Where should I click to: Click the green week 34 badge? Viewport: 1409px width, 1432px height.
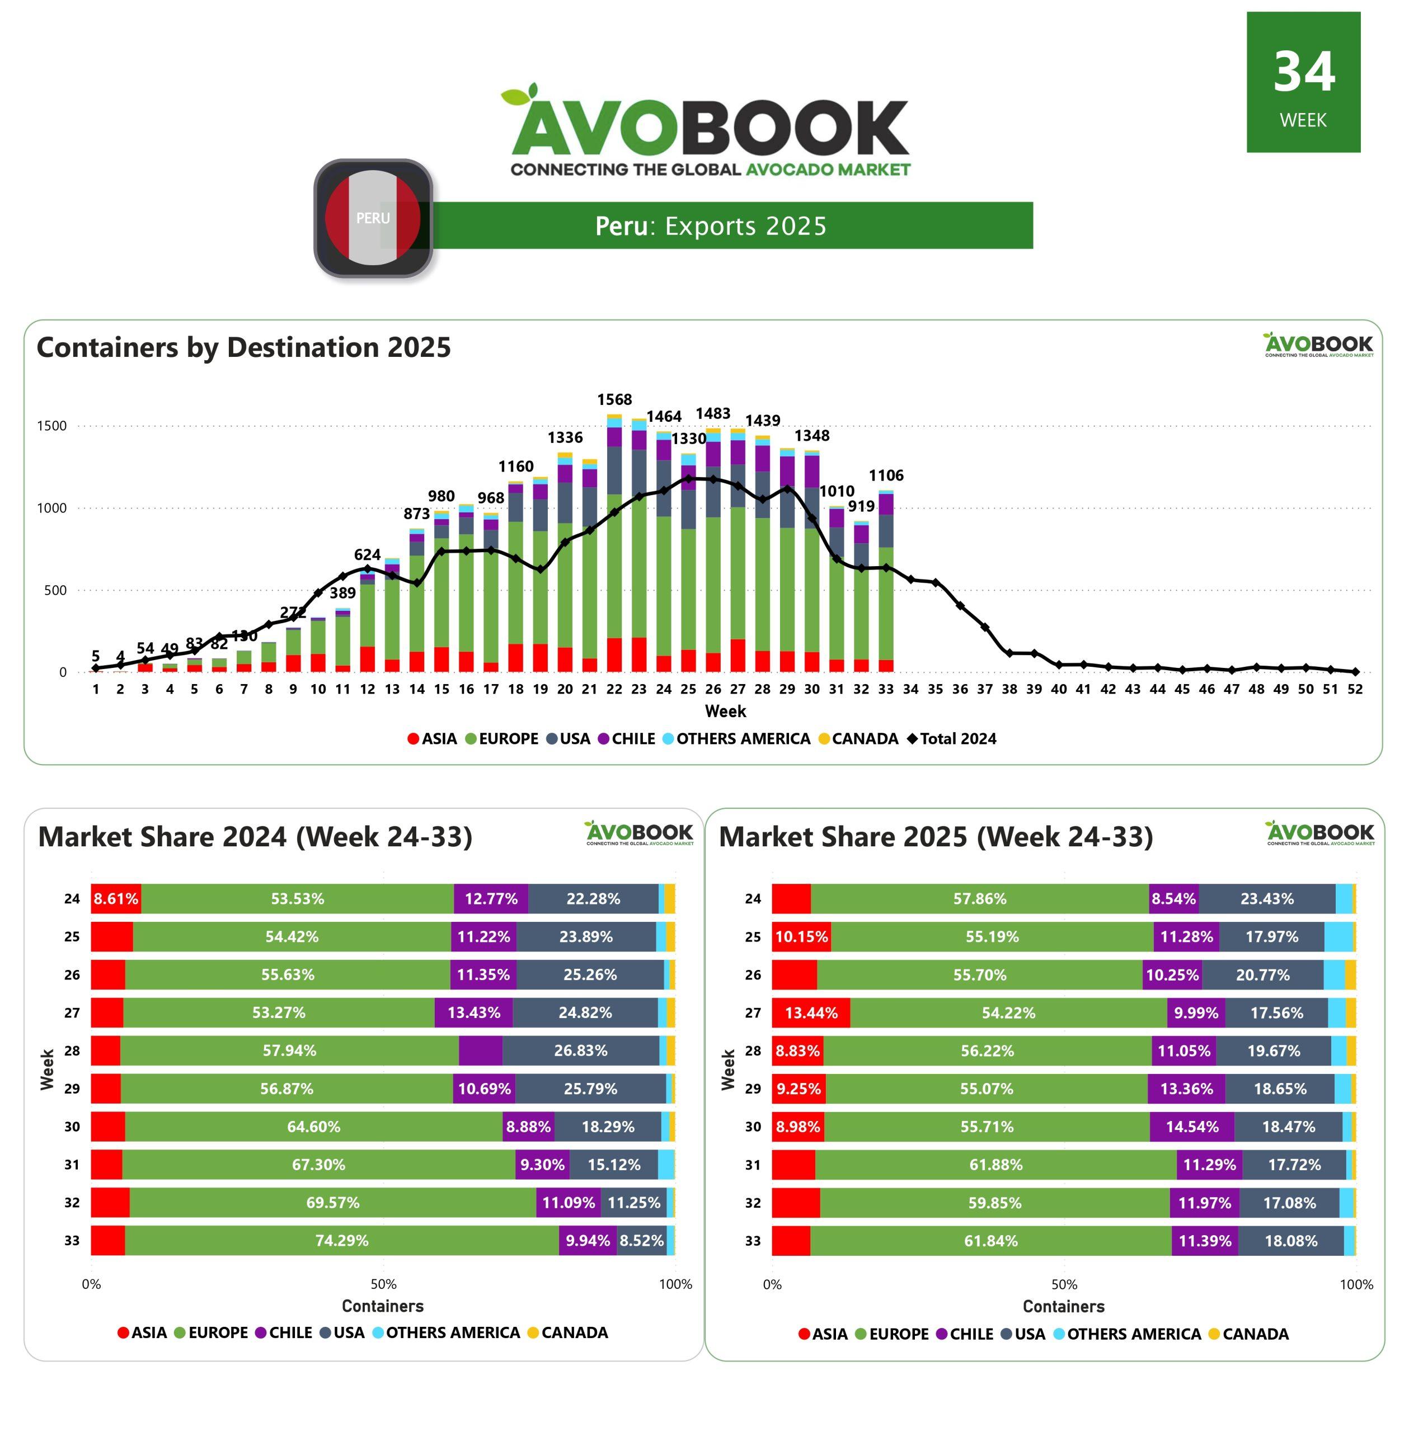pyautogui.click(x=1303, y=82)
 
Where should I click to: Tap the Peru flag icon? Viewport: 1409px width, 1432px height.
pyautogui.click(x=373, y=218)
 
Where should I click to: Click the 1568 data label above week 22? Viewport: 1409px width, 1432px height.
pyautogui.click(x=614, y=399)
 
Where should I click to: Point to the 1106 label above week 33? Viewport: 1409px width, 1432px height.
pyautogui.click(x=886, y=475)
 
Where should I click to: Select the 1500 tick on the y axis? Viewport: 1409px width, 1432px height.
pyautogui.click(x=52, y=426)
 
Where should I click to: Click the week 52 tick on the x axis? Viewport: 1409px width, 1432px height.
pyautogui.click(x=1354, y=689)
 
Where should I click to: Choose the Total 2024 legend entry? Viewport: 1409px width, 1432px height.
pyautogui.click(x=952, y=739)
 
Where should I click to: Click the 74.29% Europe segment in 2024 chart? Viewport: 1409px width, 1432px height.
pyautogui.click(x=342, y=1241)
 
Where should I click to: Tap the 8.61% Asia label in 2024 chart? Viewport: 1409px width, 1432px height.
pyautogui.click(x=115, y=899)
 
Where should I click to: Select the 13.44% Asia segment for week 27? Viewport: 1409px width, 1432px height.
pyautogui.click(x=811, y=1012)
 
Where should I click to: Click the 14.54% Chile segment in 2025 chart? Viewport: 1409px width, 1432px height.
pyautogui.click(x=1191, y=1127)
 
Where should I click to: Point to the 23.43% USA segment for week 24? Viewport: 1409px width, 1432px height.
pyautogui.click(x=1267, y=899)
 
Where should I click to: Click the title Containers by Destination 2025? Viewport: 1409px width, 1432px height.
pyautogui.click(x=243, y=347)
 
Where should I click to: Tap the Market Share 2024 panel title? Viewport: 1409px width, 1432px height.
pyautogui.click(x=255, y=837)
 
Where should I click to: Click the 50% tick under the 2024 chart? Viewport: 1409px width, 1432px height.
pyautogui.click(x=383, y=1284)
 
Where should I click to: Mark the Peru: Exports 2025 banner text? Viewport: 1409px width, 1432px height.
pyautogui.click(x=711, y=225)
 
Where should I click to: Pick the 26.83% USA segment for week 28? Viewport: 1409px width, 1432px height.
pyautogui.click(x=581, y=1051)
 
